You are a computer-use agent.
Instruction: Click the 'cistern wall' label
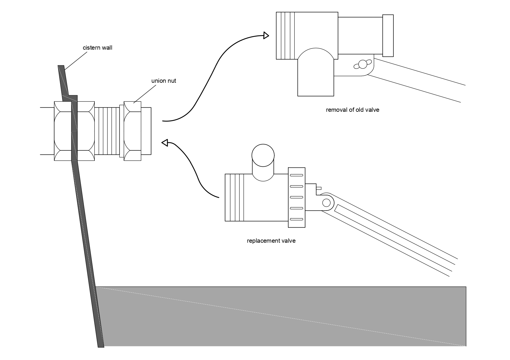click(97, 48)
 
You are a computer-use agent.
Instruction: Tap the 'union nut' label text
click(164, 81)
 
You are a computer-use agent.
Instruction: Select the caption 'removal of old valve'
click(352, 110)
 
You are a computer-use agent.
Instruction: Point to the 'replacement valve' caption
click(271, 241)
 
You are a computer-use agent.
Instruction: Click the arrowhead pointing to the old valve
click(266, 35)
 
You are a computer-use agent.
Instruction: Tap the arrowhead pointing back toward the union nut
click(165, 143)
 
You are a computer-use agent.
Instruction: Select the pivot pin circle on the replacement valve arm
click(326, 202)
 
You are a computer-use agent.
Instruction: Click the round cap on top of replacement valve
click(263, 155)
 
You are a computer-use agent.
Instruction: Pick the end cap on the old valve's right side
click(388, 36)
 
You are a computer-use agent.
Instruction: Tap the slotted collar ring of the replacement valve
click(297, 197)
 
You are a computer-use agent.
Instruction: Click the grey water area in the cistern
click(282, 316)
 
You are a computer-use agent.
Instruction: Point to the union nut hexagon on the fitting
click(133, 131)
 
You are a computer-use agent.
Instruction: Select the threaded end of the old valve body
click(285, 36)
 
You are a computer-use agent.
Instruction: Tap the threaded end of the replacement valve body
click(235, 197)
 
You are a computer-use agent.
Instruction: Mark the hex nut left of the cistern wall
click(63, 131)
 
